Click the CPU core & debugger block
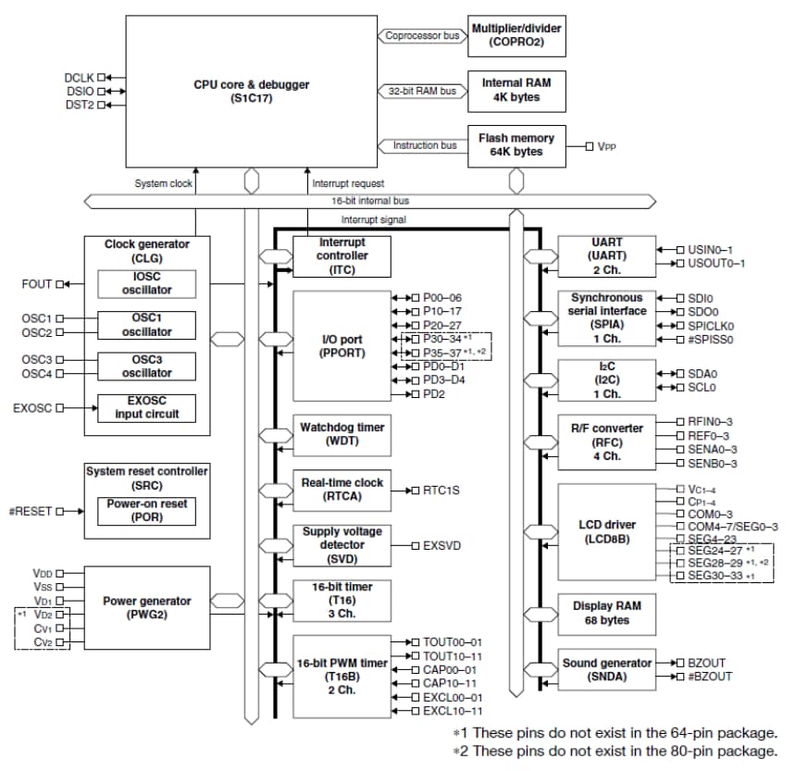[x=245, y=91]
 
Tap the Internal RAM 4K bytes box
[x=516, y=90]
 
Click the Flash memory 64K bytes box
[x=516, y=145]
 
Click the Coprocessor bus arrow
[x=422, y=36]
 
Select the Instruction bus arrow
[x=422, y=145]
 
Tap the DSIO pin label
[x=80, y=91]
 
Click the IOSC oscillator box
[x=148, y=284]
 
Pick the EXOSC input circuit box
[x=148, y=408]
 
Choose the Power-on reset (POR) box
[x=148, y=511]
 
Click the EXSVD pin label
[x=442, y=545]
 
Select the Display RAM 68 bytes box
[x=606, y=613]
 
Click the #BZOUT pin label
[x=709, y=677]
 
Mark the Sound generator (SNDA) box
[x=606, y=670]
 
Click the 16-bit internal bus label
[x=370, y=200]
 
